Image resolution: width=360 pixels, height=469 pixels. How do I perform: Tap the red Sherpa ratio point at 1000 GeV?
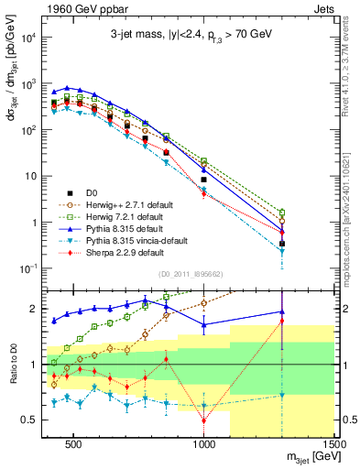click(203, 420)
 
